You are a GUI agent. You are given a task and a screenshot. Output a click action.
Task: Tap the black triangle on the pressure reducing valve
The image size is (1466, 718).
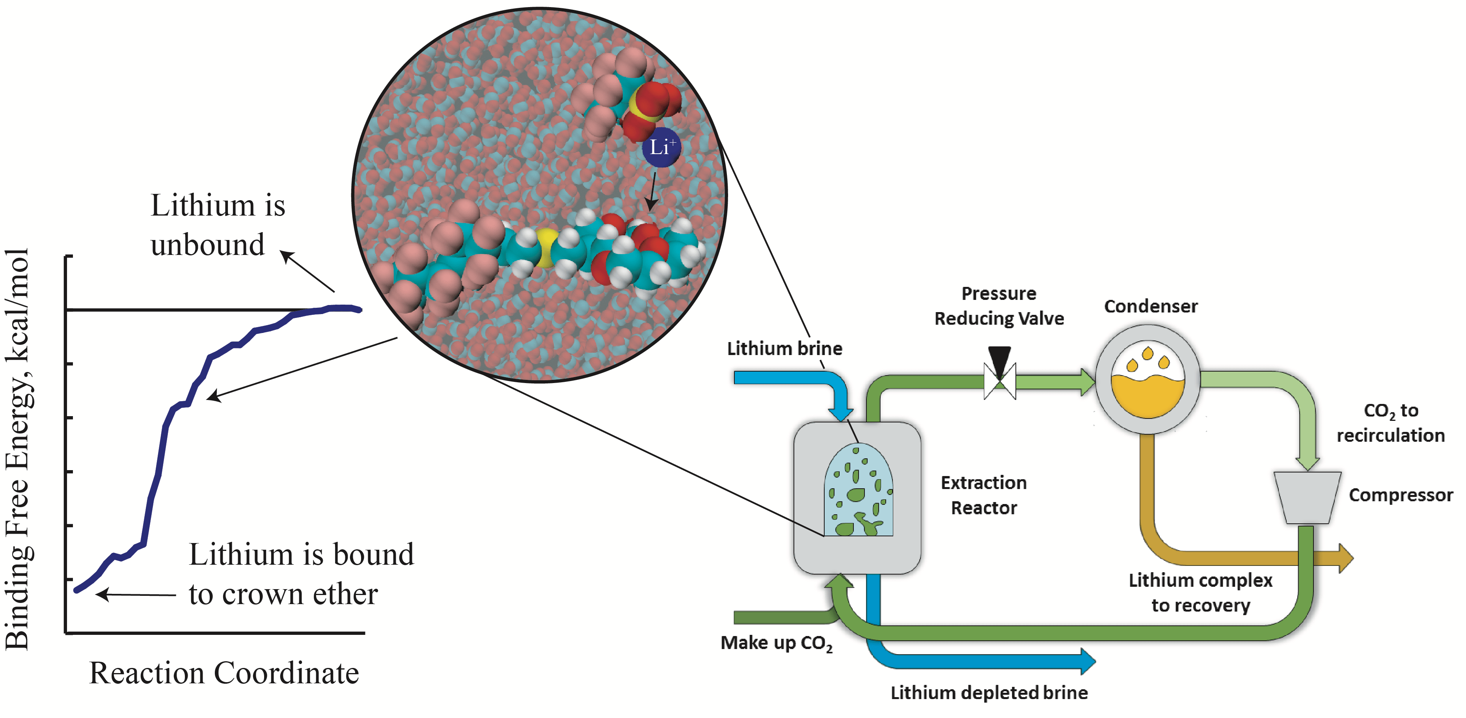(999, 359)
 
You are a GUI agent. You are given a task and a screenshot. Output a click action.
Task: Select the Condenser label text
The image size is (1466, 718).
(1150, 306)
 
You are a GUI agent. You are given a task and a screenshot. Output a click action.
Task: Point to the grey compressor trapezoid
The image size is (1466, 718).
(1307, 497)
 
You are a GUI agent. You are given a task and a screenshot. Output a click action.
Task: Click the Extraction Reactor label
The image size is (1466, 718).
(984, 495)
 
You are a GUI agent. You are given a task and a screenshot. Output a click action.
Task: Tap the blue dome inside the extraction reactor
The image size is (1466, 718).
(858, 492)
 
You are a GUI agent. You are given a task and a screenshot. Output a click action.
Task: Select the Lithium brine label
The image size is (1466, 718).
(784, 348)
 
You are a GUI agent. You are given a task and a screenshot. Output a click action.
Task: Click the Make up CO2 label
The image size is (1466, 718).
(776, 643)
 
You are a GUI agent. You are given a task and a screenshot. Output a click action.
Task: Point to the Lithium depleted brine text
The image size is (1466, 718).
(989, 692)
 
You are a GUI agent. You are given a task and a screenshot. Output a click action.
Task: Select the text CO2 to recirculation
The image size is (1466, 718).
(1390, 423)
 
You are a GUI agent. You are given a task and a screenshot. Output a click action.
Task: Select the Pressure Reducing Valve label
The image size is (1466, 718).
(999, 306)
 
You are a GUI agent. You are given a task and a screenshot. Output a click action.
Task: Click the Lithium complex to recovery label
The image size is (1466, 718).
(1200, 592)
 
